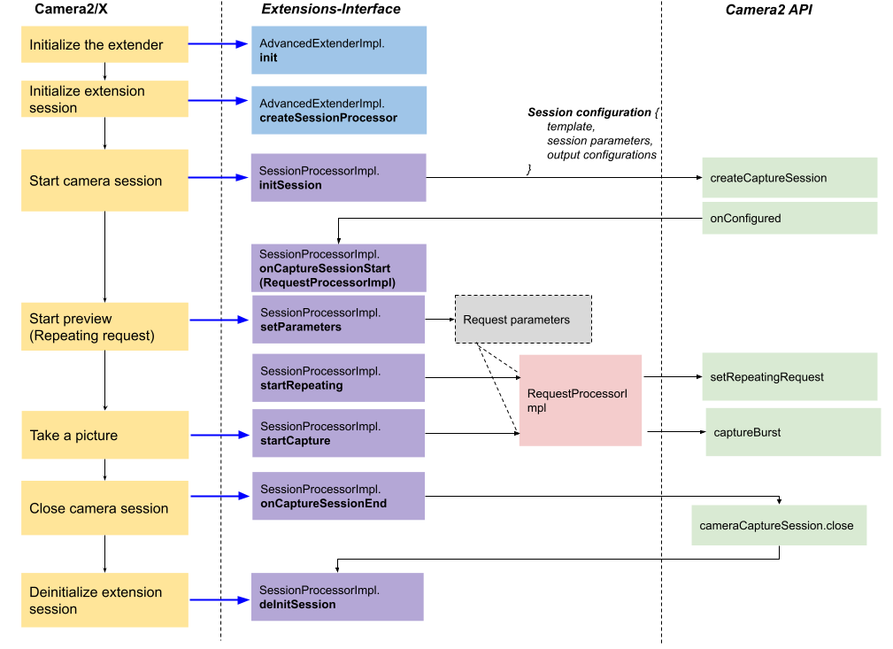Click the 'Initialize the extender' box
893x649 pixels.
pos(104,44)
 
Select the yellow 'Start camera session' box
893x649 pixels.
pos(104,181)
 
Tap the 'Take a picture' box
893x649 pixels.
pos(104,435)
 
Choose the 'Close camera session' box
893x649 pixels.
pos(104,508)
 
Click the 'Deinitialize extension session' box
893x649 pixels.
pos(104,600)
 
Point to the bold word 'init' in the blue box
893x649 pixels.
pos(269,58)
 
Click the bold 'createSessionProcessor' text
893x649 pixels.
pos(328,118)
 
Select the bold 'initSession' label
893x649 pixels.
pos(290,185)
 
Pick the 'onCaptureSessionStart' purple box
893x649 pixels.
pos(338,267)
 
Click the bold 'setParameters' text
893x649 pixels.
pos(301,327)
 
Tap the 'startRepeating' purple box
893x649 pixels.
pos(339,378)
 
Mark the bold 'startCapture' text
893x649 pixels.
pos(296,441)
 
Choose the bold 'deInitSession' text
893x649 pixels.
pos(297,605)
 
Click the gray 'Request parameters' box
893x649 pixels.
pos(523,320)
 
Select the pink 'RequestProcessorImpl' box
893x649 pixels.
pos(580,400)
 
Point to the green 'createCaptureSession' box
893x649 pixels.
pos(789,178)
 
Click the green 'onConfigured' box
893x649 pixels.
pos(789,219)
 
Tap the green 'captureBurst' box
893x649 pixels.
pos(793,432)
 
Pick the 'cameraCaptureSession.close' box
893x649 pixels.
pos(779,526)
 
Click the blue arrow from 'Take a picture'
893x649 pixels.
pos(219,435)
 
